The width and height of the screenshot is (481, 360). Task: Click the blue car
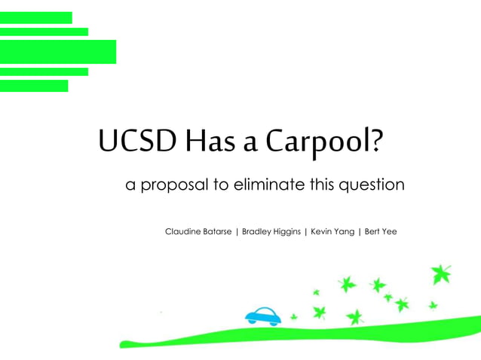point(263,316)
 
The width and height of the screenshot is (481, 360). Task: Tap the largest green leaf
point(441,274)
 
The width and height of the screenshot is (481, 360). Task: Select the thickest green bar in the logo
point(58,52)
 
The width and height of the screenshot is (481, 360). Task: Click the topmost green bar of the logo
point(36,17)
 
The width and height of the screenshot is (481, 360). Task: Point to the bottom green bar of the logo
point(34,86)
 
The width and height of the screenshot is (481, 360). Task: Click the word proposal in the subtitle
point(176,185)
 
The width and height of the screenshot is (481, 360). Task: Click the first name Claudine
point(183,231)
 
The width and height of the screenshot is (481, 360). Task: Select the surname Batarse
point(218,231)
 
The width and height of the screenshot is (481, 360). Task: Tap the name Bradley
point(258,232)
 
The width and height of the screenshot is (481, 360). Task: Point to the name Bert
point(372,231)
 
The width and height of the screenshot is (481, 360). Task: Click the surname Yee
point(390,231)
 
